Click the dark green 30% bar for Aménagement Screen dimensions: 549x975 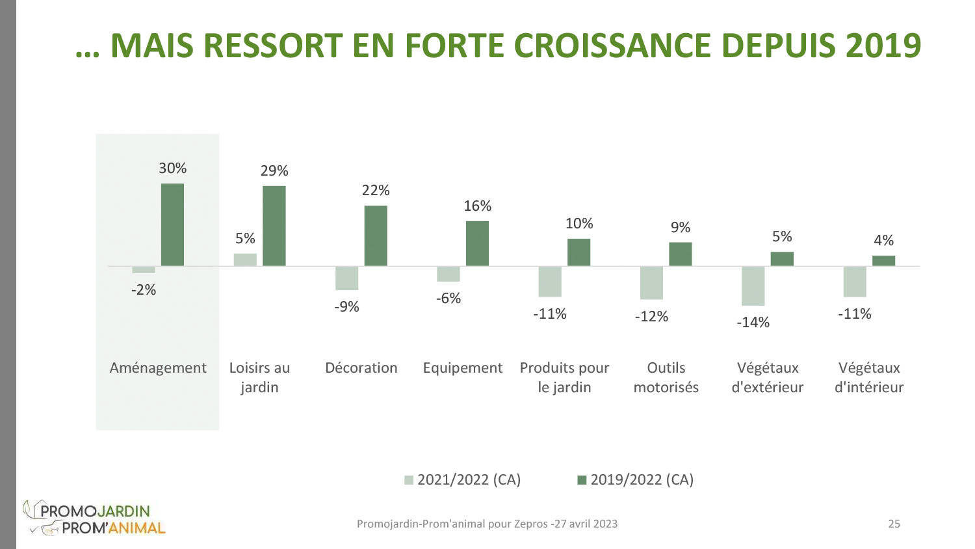tap(172, 224)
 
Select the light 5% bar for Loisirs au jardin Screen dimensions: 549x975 tap(245, 260)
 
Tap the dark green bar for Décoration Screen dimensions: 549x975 tap(376, 235)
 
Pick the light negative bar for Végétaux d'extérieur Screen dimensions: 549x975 tap(753, 286)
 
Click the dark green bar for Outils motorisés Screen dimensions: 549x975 tap(680, 254)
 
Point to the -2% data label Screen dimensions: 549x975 tap(144, 290)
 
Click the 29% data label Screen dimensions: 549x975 tap(274, 171)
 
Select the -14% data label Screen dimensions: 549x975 tap(753, 323)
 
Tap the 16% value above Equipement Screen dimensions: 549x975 tap(477, 206)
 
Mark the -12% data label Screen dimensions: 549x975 tap(651, 317)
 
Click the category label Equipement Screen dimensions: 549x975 tap(462, 368)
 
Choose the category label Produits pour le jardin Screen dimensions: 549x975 tap(564, 377)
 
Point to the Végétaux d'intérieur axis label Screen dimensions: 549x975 tap(869, 377)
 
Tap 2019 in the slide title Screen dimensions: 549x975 tap(883, 46)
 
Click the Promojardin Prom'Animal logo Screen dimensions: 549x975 tap(95, 518)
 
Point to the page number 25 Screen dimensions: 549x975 tap(894, 524)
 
